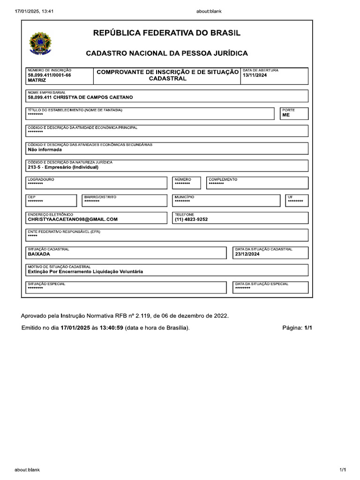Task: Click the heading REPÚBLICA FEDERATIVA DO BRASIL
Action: (x=167, y=33)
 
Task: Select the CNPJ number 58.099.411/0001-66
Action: (x=49, y=75)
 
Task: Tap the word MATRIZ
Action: (x=37, y=81)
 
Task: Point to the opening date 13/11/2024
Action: (x=255, y=75)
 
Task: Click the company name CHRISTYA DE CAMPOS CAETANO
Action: (x=80, y=97)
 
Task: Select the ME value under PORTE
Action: (x=286, y=115)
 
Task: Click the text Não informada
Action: (x=45, y=150)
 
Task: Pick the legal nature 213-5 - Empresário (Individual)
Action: (x=63, y=167)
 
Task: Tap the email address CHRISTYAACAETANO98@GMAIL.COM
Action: (x=73, y=219)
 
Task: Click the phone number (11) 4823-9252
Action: (x=191, y=219)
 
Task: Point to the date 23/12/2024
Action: (x=247, y=254)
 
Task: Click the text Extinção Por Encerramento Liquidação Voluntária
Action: (x=85, y=271)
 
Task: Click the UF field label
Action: (x=290, y=197)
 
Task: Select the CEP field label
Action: (x=31, y=197)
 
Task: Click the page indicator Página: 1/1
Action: (x=297, y=328)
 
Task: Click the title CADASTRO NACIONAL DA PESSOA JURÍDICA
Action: (x=167, y=53)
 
